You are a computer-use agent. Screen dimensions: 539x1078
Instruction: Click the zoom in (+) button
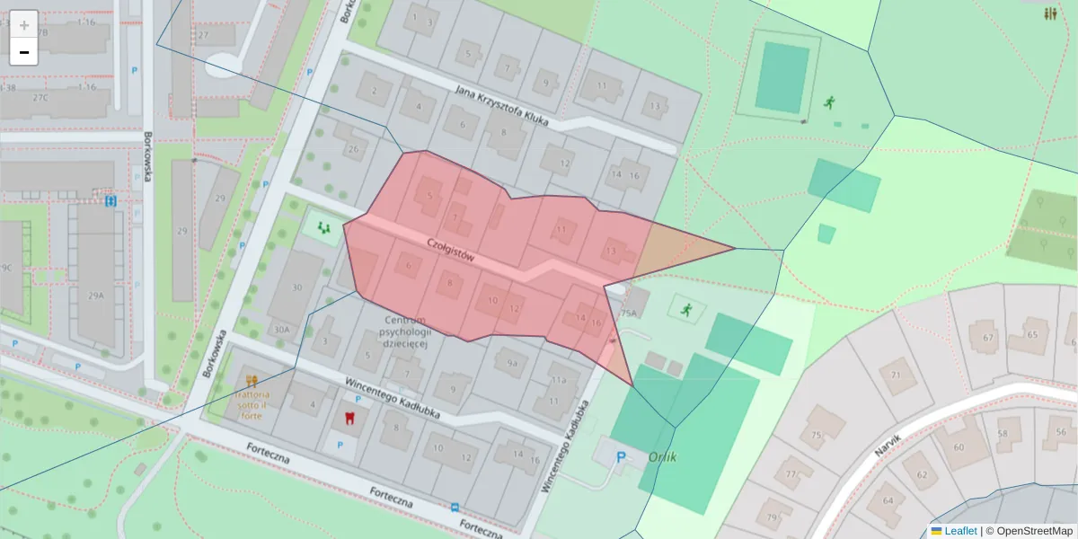click(x=24, y=25)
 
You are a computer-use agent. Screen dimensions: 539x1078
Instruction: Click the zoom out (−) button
click(x=24, y=52)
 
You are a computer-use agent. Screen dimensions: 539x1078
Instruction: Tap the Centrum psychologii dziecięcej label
click(x=410, y=331)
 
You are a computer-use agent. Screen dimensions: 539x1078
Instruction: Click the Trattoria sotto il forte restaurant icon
click(x=252, y=380)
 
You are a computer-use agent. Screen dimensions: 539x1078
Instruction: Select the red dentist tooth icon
click(x=350, y=419)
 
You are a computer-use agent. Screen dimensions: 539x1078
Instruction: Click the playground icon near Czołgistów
click(x=323, y=228)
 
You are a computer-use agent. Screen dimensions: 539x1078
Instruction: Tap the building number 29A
click(x=96, y=296)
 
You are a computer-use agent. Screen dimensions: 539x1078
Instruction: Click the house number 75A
click(x=628, y=314)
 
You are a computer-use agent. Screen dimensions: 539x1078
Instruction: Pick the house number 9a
click(x=512, y=363)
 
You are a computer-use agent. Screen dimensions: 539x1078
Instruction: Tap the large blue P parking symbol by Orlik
click(x=620, y=458)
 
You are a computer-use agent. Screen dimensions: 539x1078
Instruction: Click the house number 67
click(x=988, y=338)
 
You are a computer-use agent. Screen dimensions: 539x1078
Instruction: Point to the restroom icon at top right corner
click(x=1050, y=13)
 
